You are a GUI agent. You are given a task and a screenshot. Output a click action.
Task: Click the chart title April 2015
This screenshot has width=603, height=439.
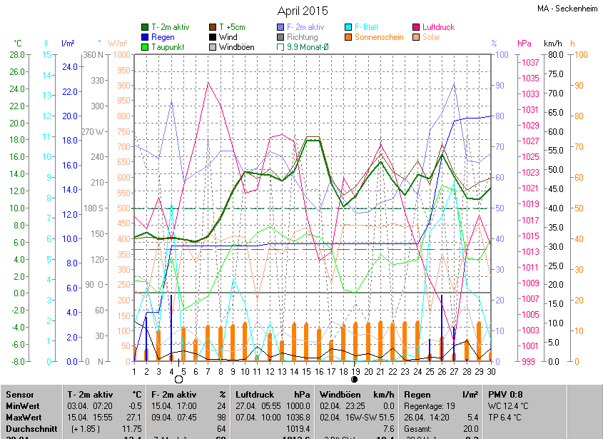[x=302, y=11]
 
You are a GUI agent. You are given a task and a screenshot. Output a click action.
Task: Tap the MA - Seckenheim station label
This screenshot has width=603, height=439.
[x=567, y=9]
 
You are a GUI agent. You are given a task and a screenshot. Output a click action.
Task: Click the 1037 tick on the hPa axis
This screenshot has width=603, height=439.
[x=529, y=63]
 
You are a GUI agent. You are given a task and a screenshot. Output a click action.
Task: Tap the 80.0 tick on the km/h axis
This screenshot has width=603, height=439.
[x=556, y=55]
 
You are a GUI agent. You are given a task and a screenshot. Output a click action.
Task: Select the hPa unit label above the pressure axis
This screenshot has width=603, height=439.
[x=524, y=44]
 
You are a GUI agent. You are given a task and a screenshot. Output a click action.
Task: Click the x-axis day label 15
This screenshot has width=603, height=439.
[x=306, y=371]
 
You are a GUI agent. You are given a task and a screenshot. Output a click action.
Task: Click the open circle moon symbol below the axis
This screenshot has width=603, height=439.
[x=178, y=380]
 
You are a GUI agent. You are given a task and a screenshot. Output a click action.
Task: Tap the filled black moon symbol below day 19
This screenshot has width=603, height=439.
[x=355, y=380]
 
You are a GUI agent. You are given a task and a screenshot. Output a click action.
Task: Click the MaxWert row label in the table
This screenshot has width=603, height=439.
[x=24, y=416]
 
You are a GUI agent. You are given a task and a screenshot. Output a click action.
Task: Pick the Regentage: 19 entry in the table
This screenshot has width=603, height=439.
[x=430, y=406]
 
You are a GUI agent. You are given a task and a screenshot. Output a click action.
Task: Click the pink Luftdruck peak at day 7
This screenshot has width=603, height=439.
[x=208, y=83]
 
